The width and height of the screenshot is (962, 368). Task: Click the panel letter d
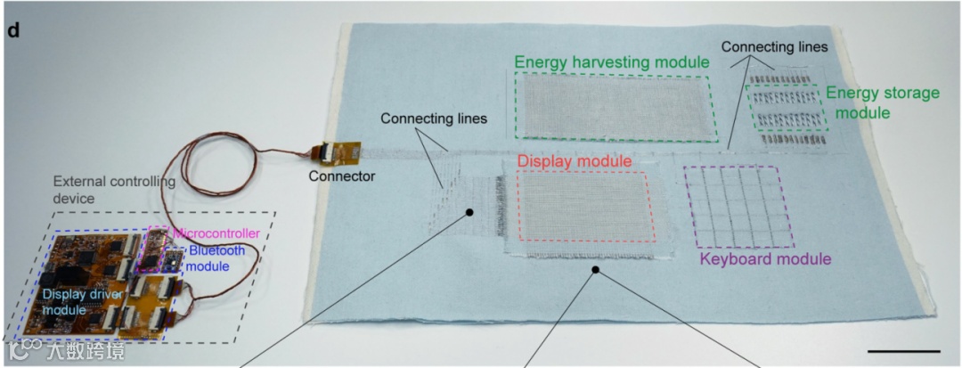pyautogui.click(x=13, y=29)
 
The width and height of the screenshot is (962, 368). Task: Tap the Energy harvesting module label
pyautogui.click(x=611, y=62)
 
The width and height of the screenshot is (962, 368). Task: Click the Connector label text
pyautogui.click(x=341, y=176)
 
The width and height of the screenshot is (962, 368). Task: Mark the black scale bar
pyautogui.click(x=903, y=350)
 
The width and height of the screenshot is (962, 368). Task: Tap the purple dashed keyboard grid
pyautogui.click(x=738, y=206)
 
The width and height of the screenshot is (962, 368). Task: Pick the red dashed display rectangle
pyautogui.click(x=585, y=205)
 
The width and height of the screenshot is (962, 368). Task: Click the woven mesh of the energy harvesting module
pyautogui.click(x=616, y=105)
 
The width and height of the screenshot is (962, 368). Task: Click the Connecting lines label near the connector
pyautogui.click(x=434, y=119)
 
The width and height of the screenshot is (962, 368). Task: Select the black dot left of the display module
pyautogui.click(x=469, y=212)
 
